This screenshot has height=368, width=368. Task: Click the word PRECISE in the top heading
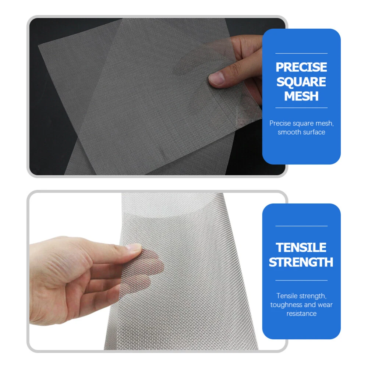click(x=301, y=67)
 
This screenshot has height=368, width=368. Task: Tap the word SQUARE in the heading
click(x=301, y=82)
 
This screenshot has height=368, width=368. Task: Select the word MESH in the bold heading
click(x=301, y=96)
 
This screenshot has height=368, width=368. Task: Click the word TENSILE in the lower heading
click(x=301, y=247)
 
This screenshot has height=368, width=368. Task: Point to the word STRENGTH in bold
click(x=301, y=262)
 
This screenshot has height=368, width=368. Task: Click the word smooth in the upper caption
click(x=289, y=132)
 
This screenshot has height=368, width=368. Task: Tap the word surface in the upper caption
click(x=313, y=132)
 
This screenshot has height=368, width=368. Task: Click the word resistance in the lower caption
click(x=301, y=314)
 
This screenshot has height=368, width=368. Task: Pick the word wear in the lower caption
click(x=325, y=305)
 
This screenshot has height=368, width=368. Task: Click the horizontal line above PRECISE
click(x=301, y=53)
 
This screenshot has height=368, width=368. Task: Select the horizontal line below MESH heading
click(x=301, y=108)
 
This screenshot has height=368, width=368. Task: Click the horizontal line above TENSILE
click(x=301, y=226)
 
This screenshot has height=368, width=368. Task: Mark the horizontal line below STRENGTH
click(x=301, y=280)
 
